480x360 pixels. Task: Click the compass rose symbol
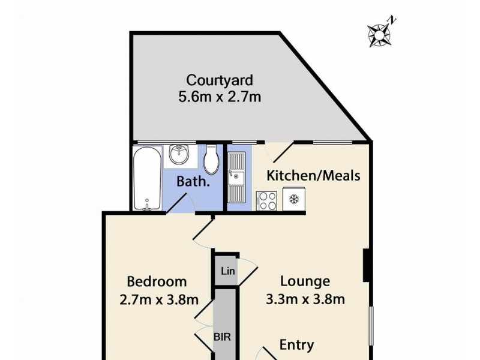[x=379, y=35]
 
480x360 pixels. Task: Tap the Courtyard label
[x=220, y=80]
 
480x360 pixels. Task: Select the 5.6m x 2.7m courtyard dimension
[x=220, y=96]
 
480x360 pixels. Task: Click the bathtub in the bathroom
[x=147, y=178]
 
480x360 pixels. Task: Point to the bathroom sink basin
[x=179, y=155]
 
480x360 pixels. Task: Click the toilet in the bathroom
[x=211, y=159]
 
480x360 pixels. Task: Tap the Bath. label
[x=193, y=181]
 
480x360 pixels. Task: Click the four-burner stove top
[x=266, y=200]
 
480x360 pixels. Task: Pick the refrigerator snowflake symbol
[x=294, y=199]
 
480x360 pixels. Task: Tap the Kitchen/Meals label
[x=313, y=176]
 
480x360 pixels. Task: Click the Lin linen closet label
[x=227, y=271]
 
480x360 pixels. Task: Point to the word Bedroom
[x=157, y=281]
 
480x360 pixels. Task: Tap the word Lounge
[x=305, y=281]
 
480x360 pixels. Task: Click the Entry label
[x=296, y=345]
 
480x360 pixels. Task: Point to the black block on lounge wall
[x=367, y=265]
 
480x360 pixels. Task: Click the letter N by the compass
[x=392, y=20]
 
